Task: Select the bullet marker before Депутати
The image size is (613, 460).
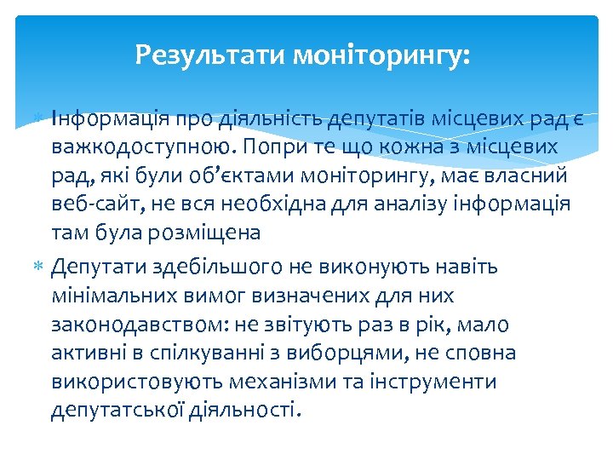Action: pyautogui.click(x=41, y=267)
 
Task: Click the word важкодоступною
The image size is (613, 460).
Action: pyautogui.click(x=143, y=146)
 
